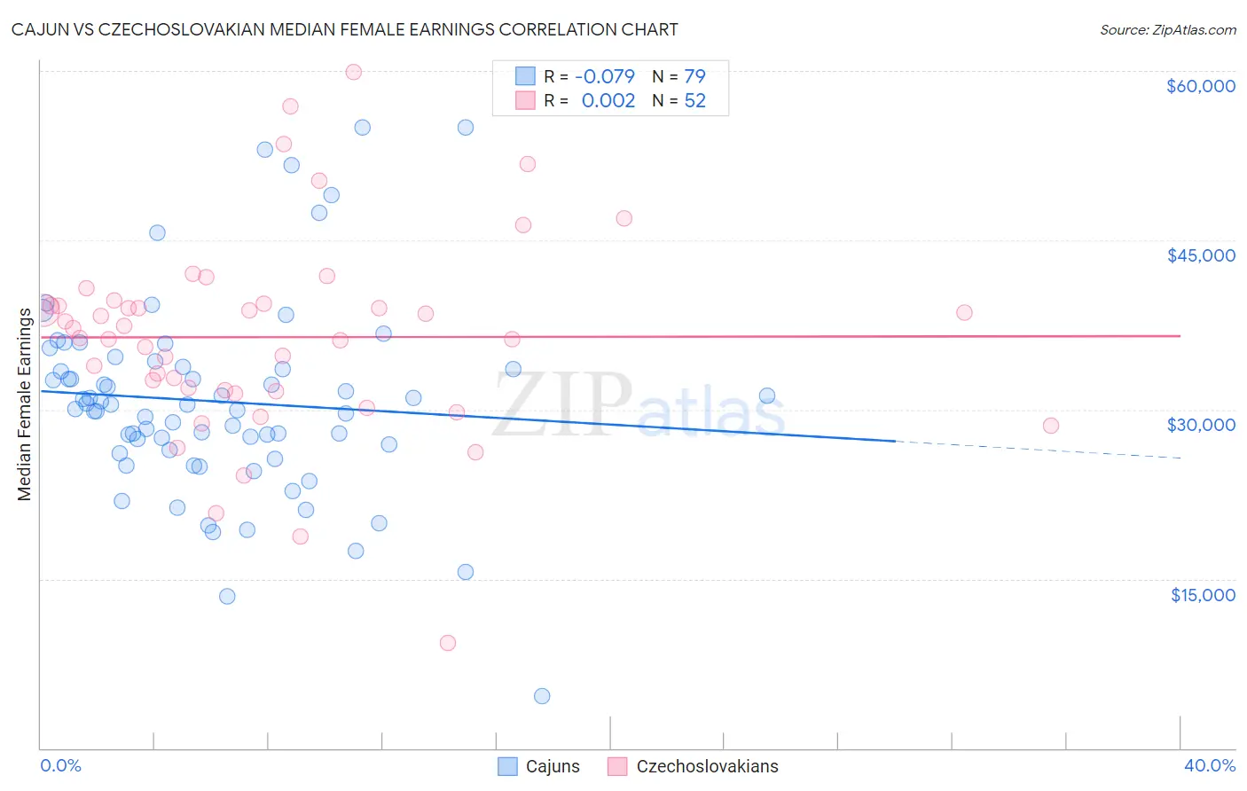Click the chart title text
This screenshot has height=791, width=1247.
(x=344, y=29)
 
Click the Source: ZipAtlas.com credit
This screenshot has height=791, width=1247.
(x=1167, y=29)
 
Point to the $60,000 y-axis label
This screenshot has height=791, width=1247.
(x=1200, y=86)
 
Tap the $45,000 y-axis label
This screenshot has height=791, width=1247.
(x=1200, y=255)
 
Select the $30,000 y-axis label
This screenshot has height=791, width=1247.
(x=1200, y=425)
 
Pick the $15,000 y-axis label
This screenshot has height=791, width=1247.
(x=1202, y=595)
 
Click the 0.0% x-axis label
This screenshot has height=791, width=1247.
(x=60, y=765)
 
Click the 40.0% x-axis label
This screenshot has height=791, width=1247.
(x=1209, y=765)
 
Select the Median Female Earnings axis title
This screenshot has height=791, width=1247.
(x=25, y=404)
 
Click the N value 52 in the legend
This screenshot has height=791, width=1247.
(x=694, y=101)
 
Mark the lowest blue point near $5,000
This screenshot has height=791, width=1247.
(x=542, y=696)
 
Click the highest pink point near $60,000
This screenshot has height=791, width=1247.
(x=353, y=72)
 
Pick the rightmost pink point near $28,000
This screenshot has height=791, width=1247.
(x=1051, y=426)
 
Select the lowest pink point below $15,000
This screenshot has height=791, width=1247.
(x=448, y=643)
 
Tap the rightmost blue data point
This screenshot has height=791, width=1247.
(x=767, y=396)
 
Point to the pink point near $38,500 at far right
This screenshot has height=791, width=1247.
(x=964, y=312)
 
